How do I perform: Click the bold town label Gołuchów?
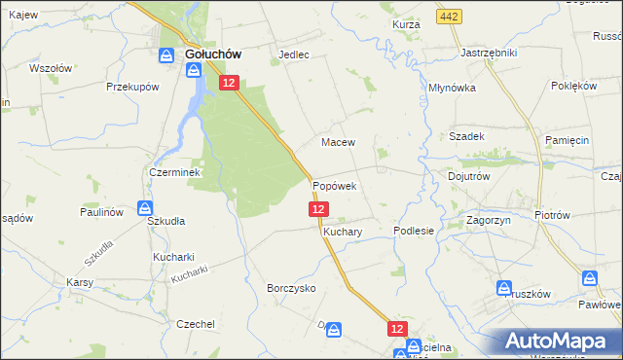click(x=213, y=55)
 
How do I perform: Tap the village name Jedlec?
click(x=294, y=55)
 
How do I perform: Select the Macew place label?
click(x=338, y=142)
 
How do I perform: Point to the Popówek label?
click(x=334, y=185)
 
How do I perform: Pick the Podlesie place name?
click(x=413, y=231)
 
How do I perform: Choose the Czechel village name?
click(x=195, y=324)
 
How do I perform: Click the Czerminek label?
click(x=174, y=172)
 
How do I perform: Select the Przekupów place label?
click(x=132, y=87)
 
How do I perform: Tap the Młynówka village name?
click(x=452, y=87)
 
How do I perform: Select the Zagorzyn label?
click(x=491, y=221)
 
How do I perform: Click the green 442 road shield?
click(x=449, y=17)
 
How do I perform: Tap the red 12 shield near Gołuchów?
click(x=228, y=84)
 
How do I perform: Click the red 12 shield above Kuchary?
click(x=319, y=209)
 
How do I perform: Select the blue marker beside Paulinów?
click(x=145, y=207)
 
